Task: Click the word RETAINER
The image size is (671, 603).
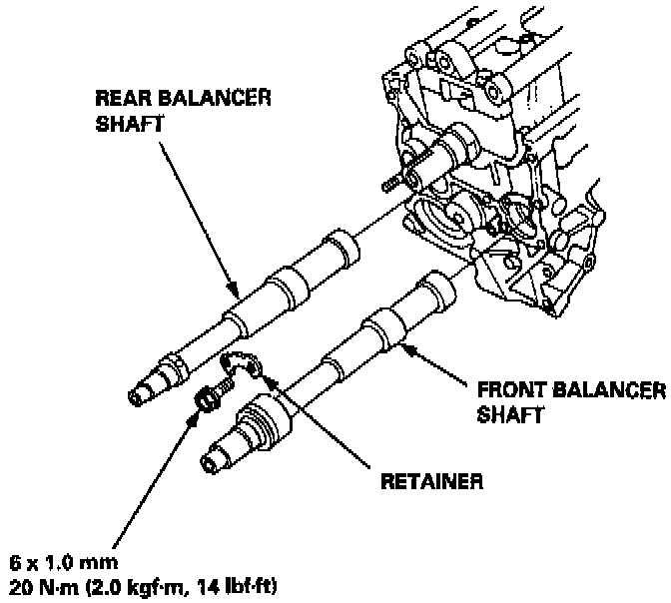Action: coord(431,480)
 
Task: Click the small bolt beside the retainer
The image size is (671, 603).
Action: coord(208,401)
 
